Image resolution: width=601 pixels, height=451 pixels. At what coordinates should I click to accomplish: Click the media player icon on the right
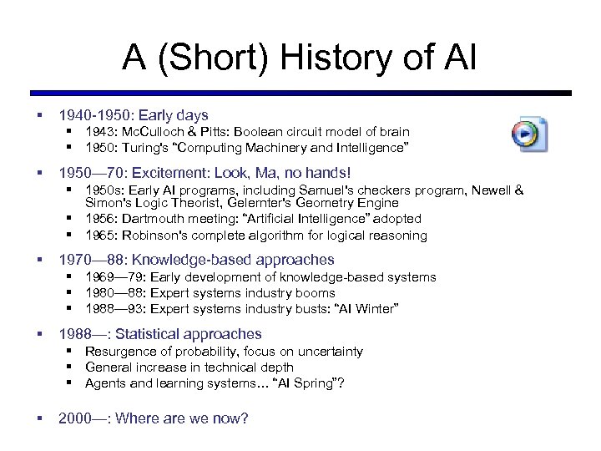[529, 134]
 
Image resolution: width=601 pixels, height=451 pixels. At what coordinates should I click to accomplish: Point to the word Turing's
[151, 148]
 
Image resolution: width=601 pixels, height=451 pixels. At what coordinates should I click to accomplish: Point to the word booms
[317, 293]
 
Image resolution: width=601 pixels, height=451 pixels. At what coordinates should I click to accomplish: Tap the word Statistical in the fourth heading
[150, 334]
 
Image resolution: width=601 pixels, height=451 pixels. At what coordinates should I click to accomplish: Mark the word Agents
[104, 383]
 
